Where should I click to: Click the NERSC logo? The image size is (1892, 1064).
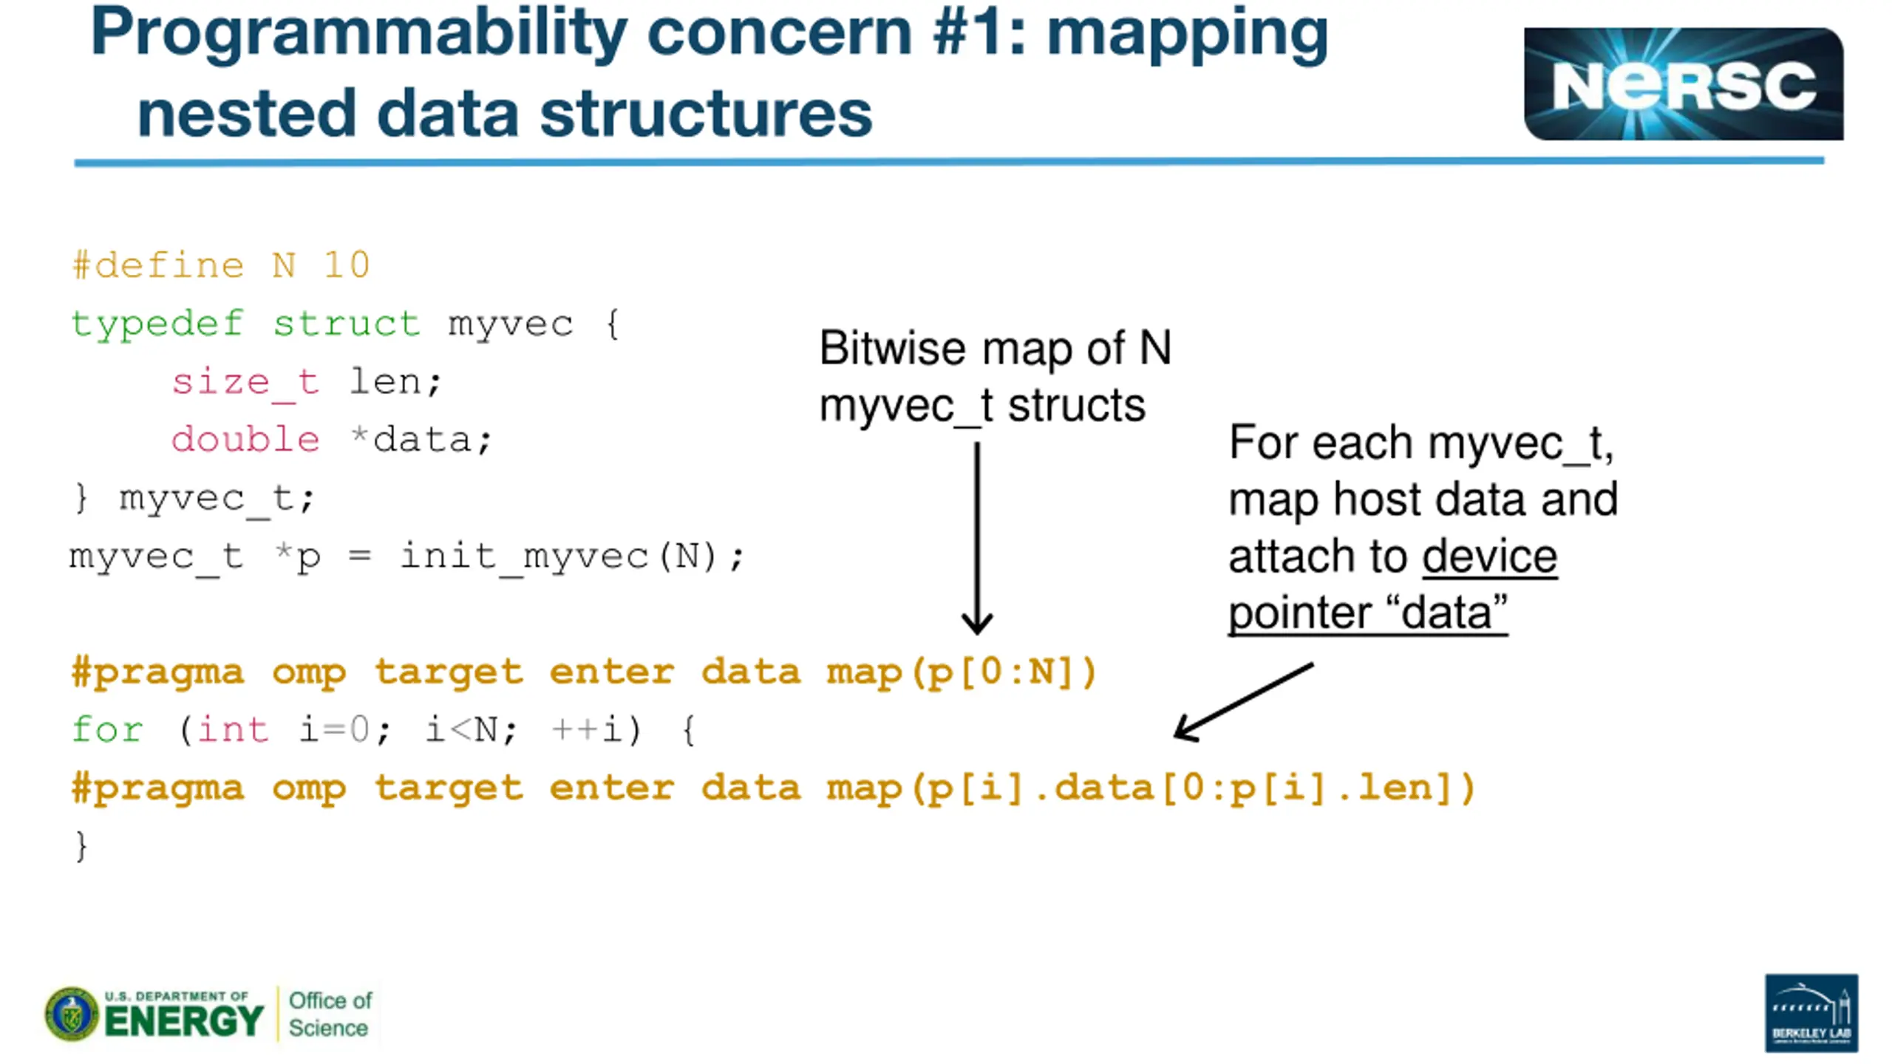(x=1683, y=83)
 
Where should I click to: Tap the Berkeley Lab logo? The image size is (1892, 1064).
(x=1811, y=1012)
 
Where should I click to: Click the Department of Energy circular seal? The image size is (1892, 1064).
(x=72, y=1014)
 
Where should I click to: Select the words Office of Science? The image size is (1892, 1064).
(x=330, y=1014)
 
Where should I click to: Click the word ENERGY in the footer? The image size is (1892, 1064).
(x=184, y=1021)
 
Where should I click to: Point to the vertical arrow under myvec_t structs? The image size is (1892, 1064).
(x=977, y=538)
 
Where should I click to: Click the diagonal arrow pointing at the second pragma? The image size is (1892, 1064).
(x=1244, y=701)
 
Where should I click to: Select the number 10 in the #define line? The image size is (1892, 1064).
(x=347, y=265)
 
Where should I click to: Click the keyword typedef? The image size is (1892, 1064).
(x=157, y=324)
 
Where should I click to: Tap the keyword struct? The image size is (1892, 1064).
(x=346, y=324)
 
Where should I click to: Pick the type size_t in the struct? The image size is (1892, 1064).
(x=245, y=383)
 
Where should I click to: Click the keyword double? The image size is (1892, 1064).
(x=245, y=439)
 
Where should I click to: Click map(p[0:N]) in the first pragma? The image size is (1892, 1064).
(x=962, y=672)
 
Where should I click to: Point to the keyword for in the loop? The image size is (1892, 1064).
(x=107, y=729)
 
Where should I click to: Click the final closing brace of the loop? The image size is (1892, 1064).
(x=81, y=845)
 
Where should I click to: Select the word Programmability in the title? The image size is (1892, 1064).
(x=359, y=33)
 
